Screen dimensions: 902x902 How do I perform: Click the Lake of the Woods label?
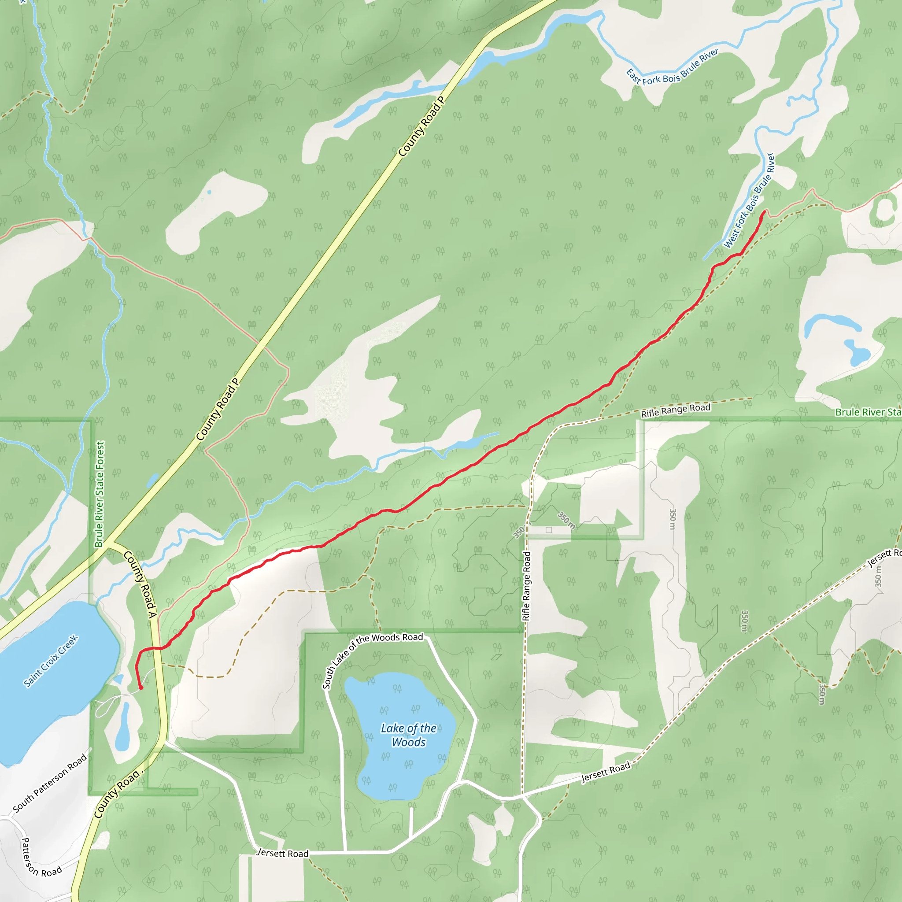click(409, 735)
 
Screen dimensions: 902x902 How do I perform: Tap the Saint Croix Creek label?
click(51, 661)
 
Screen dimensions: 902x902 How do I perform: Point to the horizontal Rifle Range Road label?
click(676, 410)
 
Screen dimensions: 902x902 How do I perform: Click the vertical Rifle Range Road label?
click(527, 586)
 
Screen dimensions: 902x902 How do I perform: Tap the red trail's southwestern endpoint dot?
click(140, 688)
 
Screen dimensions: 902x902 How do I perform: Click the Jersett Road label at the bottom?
click(283, 853)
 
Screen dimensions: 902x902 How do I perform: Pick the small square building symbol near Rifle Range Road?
click(549, 530)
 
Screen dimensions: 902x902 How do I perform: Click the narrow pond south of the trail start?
click(123, 728)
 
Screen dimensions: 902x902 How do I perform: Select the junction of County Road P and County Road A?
click(109, 544)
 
